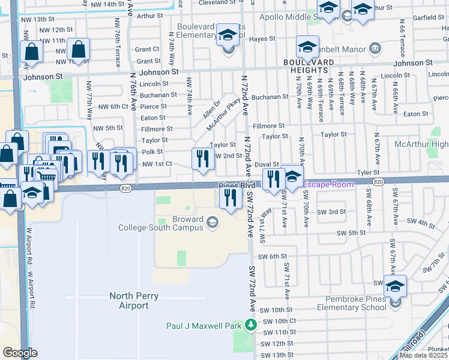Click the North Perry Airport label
[128, 301]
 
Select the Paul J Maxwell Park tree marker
[251, 325]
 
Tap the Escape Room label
[328, 184]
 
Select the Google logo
[19, 353]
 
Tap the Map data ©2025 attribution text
[423, 355]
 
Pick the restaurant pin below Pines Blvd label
[230, 198]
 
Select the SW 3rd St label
[331, 212]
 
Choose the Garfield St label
[428, 17]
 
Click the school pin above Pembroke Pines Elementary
[395, 286]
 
